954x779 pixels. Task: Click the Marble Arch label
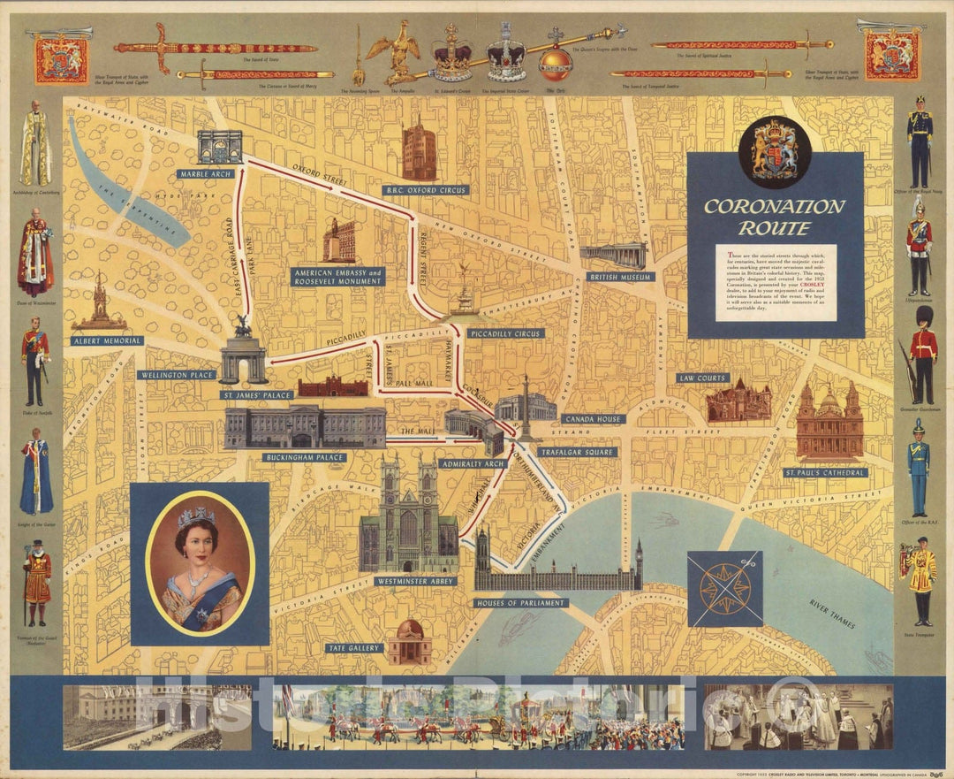[x=205, y=174]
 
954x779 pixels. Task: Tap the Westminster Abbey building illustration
[x=408, y=522]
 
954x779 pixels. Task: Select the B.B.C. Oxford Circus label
[x=425, y=190]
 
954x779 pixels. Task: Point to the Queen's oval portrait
[x=201, y=563]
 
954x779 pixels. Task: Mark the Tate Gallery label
[x=355, y=648]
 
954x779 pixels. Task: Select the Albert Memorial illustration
[x=99, y=305]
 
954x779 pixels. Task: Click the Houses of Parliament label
[x=521, y=603]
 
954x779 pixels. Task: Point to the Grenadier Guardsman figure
[x=922, y=354]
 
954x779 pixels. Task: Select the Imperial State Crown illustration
[x=507, y=55]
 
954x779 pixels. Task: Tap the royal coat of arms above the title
[x=774, y=151]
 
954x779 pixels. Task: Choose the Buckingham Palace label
[x=304, y=457]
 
